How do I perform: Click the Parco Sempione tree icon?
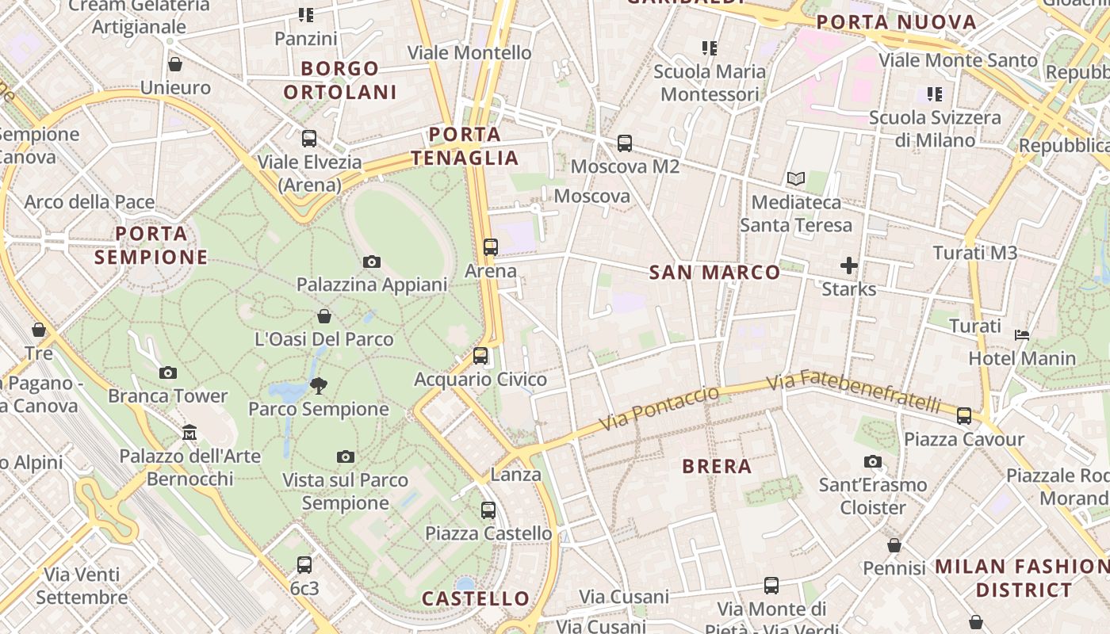tap(319, 386)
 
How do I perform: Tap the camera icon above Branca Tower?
tap(167, 372)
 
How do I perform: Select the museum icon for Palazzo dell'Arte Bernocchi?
tap(189, 433)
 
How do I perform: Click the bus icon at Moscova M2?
tap(625, 143)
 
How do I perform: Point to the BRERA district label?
tap(717, 466)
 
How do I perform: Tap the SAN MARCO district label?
tap(714, 273)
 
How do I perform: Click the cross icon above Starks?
tap(849, 265)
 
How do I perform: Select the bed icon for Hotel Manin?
tap(1022, 335)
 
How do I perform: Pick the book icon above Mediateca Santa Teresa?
tap(795, 179)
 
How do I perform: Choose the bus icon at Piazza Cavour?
tap(964, 416)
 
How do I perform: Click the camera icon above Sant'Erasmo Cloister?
tap(873, 461)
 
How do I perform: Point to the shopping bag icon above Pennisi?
tap(894, 545)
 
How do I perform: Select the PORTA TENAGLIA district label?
tap(465, 146)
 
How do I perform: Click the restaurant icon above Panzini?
tap(306, 15)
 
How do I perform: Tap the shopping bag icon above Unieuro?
tap(174, 64)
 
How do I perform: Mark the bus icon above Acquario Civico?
tap(480, 356)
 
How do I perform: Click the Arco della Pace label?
tap(90, 202)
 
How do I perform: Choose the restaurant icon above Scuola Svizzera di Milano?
tap(935, 94)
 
